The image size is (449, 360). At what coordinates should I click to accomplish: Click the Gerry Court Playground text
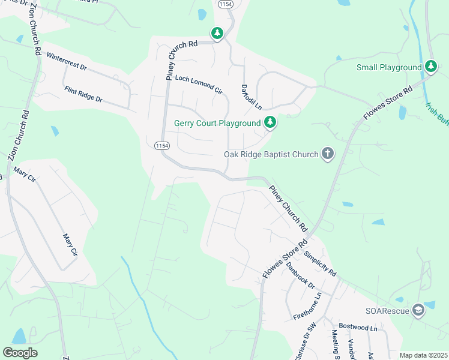coord(217,124)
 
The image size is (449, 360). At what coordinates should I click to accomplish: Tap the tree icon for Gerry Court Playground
coord(271,123)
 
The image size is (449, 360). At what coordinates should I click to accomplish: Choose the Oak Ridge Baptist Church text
coord(271,154)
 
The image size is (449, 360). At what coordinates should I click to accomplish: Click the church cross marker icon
coord(328,154)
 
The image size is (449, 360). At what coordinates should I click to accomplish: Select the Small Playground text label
coord(389,68)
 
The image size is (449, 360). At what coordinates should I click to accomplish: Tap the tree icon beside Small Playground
coord(430,67)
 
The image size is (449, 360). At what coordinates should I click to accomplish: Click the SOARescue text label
coord(387,310)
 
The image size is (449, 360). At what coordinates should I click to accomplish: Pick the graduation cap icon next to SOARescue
coord(418,310)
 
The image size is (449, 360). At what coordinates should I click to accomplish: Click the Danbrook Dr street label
coord(300,275)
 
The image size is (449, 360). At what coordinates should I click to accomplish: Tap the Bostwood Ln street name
coord(358,328)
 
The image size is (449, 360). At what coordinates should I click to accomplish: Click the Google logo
coord(20,353)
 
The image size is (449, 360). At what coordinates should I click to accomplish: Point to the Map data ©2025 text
coord(423,355)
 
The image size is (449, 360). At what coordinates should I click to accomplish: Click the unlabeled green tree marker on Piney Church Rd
coord(217,33)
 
